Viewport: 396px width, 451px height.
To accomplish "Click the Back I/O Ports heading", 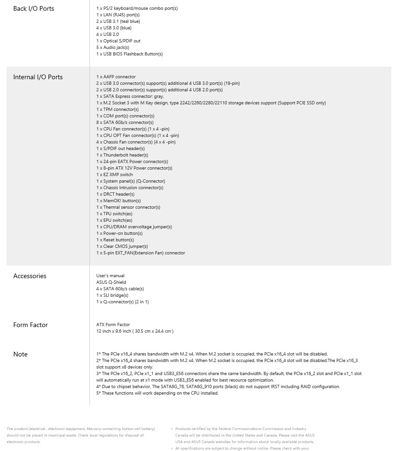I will pyautogui.click(x=34, y=8).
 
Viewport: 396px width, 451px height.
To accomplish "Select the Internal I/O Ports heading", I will pyautogui.click(x=38, y=77).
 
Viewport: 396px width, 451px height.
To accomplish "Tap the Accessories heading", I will pyautogui.click(x=30, y=276).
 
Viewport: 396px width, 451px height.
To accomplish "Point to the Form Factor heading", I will pyautogui.click(x=30, y=325).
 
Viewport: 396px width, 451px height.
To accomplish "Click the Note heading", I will pyautogui.click(x=20, y=354).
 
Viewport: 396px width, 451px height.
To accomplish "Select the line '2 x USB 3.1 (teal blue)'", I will pyautogui.click(x=118, y=21).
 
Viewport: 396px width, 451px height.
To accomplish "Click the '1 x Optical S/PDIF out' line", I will pyautogui.click(x=118, y=41).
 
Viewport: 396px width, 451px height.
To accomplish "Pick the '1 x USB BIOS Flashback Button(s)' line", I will pyautogui.click(x=130, y=54).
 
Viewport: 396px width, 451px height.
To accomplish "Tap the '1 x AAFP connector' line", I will pyautogui.click(x=116, y=77).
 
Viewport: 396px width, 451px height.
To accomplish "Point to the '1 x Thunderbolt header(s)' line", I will pyautogui.click(x=122, y=155).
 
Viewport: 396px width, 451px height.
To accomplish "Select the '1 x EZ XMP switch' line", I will pyautogui.click(x=115, y=175).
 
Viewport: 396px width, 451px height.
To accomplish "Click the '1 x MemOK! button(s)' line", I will pyautogui.click(x=118, y=201).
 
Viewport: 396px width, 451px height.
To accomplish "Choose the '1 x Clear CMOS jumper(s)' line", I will pyautogui.click(x=122, y=246).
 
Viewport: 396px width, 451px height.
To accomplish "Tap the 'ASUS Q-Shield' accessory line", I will pyautogui.click(x=111, y=282).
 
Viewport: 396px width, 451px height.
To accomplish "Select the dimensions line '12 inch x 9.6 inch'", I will pyautogui.click(x=135, y=331).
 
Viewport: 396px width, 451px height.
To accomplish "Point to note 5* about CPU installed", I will pyautogui.click(x=157, y=393).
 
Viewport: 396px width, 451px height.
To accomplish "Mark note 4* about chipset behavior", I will pyautogui.click(x=218, y=387).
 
